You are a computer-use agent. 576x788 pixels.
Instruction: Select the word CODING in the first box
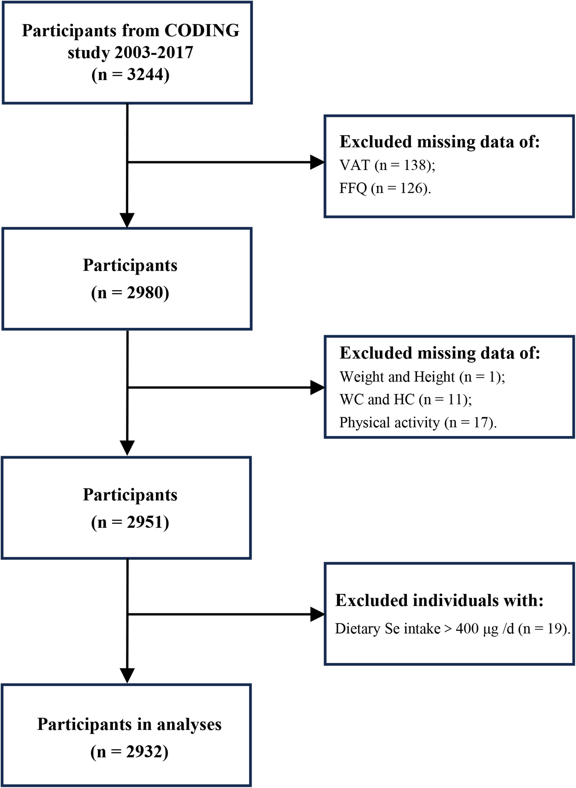click(x=202, y=30)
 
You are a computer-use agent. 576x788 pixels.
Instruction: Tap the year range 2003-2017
click(x=154, y=53)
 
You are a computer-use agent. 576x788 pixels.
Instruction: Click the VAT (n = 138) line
click(x=387, y=165)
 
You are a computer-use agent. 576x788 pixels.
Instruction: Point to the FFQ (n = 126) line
click(x=385, y=188)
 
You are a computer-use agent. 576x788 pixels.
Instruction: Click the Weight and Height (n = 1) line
click(x=422, y=377)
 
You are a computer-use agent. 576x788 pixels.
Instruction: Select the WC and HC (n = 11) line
click(x=405, y=399)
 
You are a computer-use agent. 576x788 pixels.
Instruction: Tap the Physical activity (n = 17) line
click(x=418, y=423)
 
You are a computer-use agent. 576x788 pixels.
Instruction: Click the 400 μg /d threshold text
click(x=485, y=629)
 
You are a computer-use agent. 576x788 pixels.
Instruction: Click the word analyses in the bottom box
click(x=189, y=724)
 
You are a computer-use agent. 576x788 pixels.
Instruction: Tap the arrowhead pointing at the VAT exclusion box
click(x=317, y=162)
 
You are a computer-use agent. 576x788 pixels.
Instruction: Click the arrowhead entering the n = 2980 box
click(x=127, y=220)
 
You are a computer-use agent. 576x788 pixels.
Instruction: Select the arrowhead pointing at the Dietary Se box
click(x=317, y=614)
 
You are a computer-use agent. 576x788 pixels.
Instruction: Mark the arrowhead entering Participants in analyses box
click(x=127, y=675)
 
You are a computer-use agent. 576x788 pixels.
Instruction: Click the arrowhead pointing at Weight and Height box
click(x=317, y=387)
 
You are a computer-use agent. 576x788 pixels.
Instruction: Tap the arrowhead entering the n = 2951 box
click(x=127, y=448)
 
